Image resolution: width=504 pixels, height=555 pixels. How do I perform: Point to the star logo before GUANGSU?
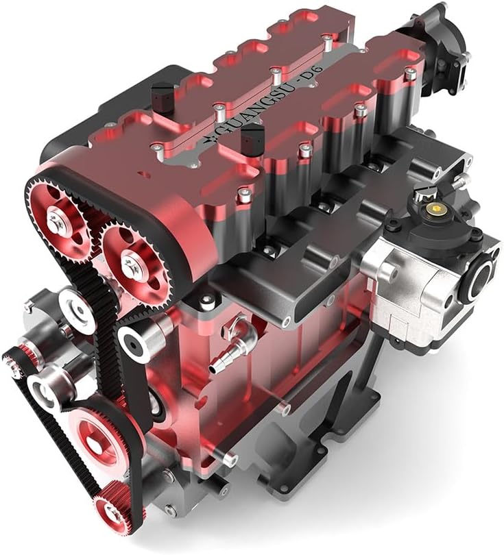click(208, 140)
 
